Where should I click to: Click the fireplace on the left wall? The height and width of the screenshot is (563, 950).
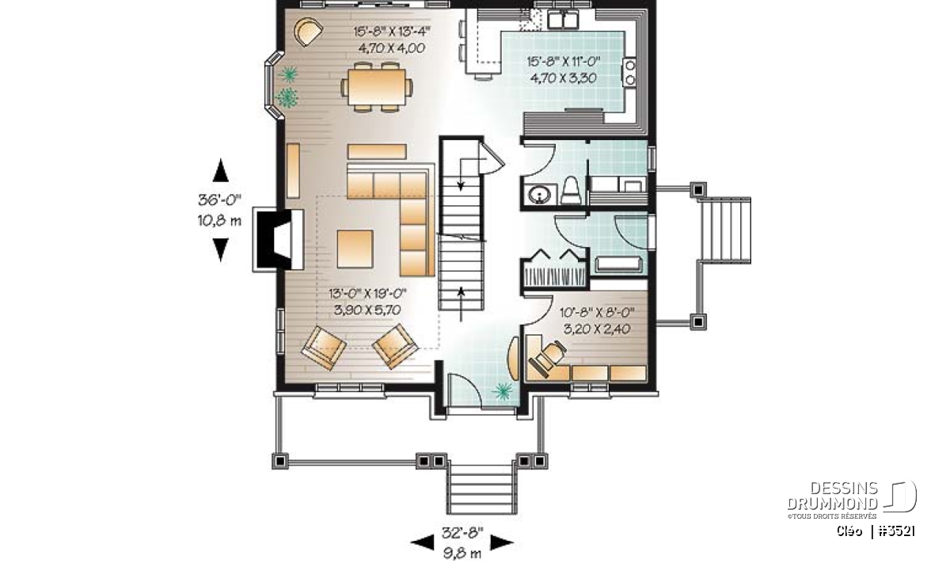[279, 239]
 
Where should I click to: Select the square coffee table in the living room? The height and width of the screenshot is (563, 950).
[355, 249]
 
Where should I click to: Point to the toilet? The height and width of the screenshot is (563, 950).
[571, 191]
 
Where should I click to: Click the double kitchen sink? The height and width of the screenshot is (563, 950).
[563, 20]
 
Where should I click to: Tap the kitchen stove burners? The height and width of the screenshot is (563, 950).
[630, 73]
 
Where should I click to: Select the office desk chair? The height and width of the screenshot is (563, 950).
[548, 358]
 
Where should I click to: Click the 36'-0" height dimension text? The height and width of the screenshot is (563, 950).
[219, 200]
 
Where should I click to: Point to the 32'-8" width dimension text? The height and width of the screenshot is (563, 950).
[462, 533]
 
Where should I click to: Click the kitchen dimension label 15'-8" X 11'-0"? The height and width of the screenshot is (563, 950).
[564, 62]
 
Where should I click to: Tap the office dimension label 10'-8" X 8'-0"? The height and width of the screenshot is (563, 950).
[597, 313]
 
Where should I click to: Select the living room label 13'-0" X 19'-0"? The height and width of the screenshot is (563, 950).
[367, 293]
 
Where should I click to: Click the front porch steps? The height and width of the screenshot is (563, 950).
[482, 489]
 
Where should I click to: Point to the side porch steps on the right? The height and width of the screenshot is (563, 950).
[724, 230]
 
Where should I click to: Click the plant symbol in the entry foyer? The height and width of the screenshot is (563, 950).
[503, 390]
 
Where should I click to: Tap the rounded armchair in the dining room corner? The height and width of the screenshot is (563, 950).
[308, 32]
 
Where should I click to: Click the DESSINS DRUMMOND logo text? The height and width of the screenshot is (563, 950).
[832, 496]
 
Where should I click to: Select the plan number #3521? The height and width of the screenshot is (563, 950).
[896, 531]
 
